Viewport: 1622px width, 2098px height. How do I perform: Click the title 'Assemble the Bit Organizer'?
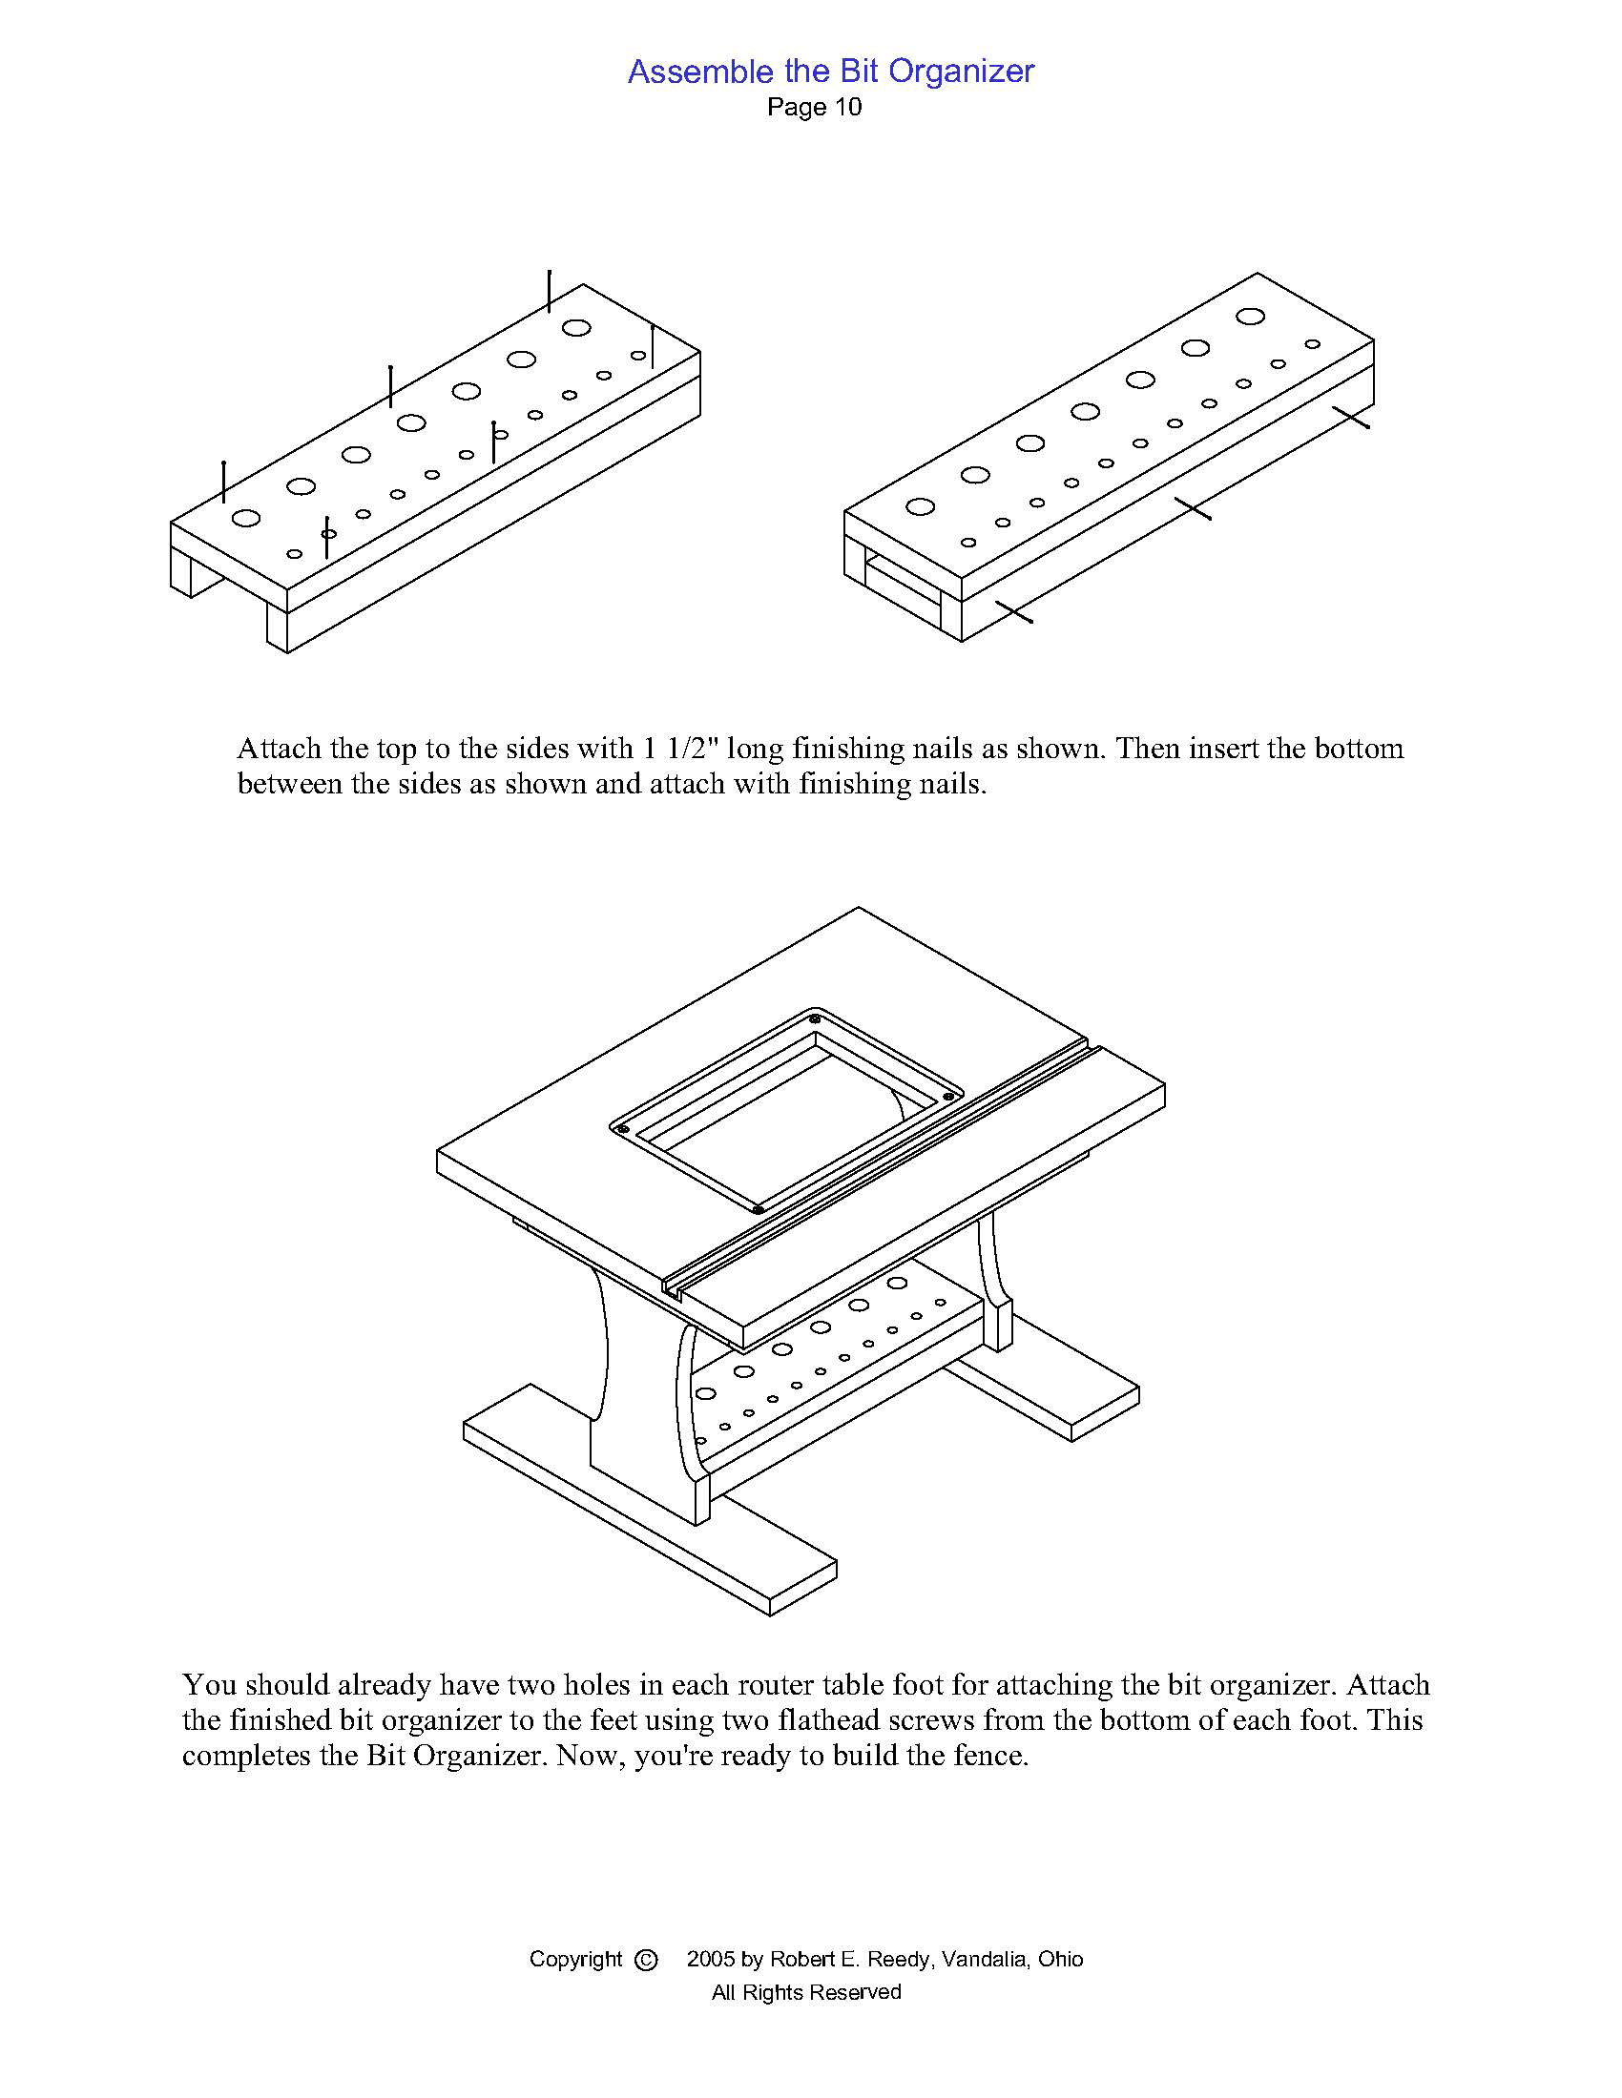pos(830,72)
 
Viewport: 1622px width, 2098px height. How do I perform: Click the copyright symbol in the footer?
pos(647,1959)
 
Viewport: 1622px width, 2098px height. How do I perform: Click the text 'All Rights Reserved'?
pos(806,1992)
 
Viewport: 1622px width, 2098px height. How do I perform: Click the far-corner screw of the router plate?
pos(815,1018)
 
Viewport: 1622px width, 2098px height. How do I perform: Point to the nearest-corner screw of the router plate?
pos(758,1209)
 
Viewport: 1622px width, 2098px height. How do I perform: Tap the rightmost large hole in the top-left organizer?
pos(576,327)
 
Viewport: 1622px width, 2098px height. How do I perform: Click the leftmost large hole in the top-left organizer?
pos(246,518)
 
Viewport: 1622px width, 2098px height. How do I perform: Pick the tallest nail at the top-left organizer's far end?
pos(549,291)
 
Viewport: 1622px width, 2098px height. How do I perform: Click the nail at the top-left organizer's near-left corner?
pos(224,483)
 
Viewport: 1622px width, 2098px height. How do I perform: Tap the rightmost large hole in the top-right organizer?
pos(1250,315)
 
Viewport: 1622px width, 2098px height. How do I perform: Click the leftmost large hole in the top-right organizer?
pos(920,506)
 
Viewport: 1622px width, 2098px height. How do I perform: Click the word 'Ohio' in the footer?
pos(1060,1959)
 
